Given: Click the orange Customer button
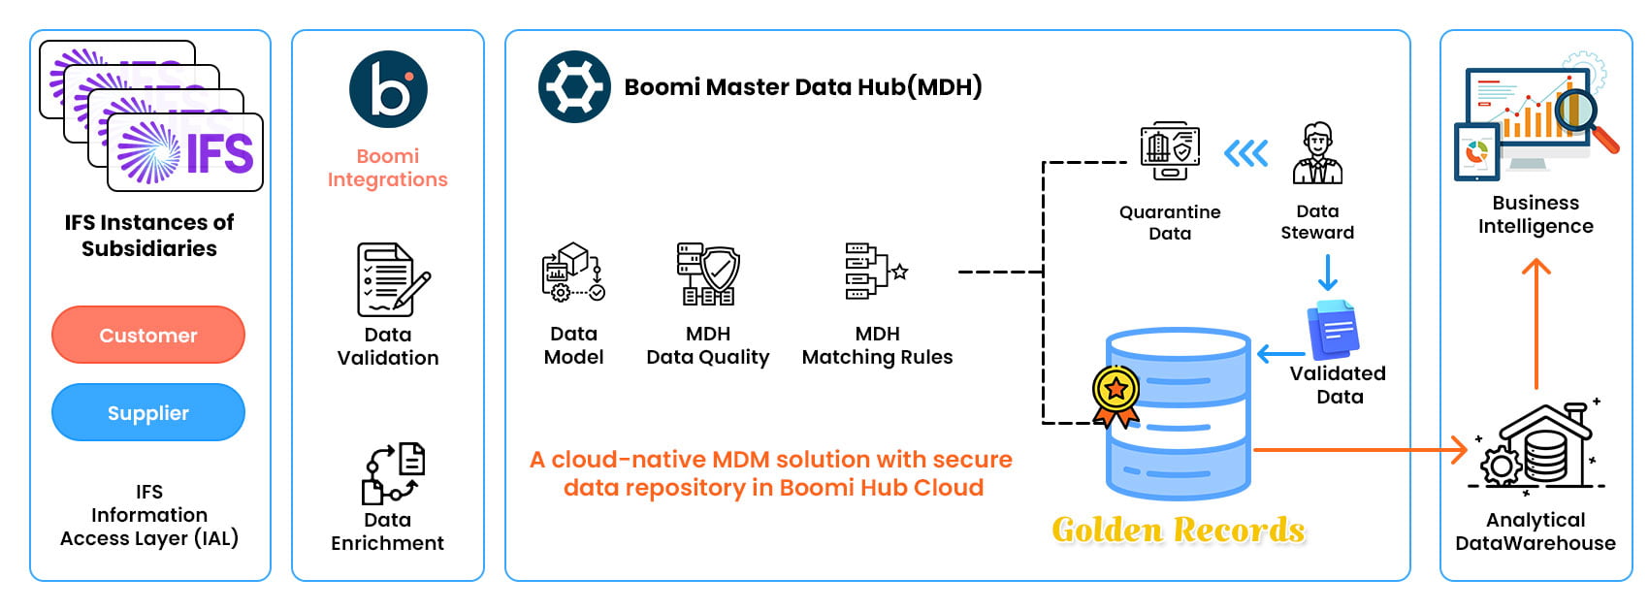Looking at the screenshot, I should [148, 336].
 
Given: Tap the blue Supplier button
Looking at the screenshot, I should [148, 413].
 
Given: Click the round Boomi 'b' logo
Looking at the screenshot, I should [388, 90].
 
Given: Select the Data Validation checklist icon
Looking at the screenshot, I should [392, 279].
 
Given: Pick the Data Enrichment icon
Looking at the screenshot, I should [393, 473].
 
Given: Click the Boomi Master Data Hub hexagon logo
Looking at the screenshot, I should [574, 87].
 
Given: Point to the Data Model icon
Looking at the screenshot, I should [572, 273].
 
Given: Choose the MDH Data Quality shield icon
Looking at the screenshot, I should [708, 273].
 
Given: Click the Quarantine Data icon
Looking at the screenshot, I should [1170, 151].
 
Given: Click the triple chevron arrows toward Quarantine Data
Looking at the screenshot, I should [1245, 153].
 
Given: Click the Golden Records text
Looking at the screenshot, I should [1179, 530].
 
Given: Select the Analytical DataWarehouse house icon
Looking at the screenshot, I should [1538, 446].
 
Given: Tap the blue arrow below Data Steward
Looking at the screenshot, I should [1328, 273].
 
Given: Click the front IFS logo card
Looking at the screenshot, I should [185, 152].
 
